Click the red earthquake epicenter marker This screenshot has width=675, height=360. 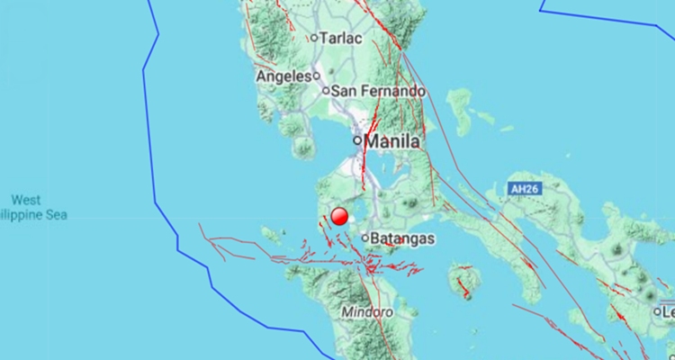[339, 216]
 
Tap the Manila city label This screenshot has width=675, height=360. [393, 141]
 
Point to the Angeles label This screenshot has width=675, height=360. [283, 76]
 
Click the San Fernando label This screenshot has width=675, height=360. [378, 91]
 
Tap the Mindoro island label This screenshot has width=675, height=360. [367, 312]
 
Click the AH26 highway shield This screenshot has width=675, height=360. [523, 190]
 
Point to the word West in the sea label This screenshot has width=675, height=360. [26, 199]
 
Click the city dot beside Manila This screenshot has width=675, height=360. [357, 140]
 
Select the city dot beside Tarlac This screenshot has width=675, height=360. [313, 38]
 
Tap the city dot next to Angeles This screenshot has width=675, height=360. [317, 77]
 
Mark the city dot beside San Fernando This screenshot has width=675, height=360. [326, 91]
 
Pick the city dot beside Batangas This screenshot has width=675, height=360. [365, 238]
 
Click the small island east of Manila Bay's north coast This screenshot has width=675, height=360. [461, 112]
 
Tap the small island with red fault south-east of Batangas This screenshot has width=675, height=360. [463, 280]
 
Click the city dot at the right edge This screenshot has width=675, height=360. [658, 311]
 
